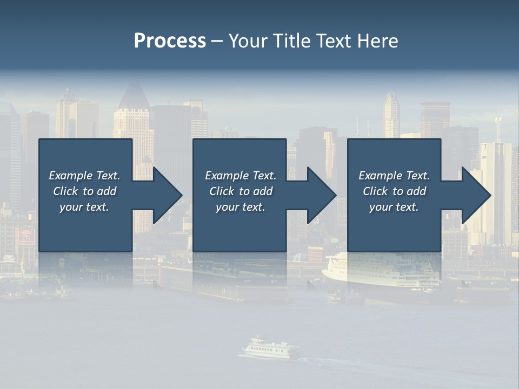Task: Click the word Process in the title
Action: click(170, 41)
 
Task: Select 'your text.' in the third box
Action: click(394, 207)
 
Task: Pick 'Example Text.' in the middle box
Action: click(241, 176)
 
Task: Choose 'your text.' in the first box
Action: click(84, 207)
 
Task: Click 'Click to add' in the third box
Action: click(394, 191)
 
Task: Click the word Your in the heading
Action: click(248, 41)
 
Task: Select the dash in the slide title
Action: click(217, 41)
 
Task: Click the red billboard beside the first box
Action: click(26, 237)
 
